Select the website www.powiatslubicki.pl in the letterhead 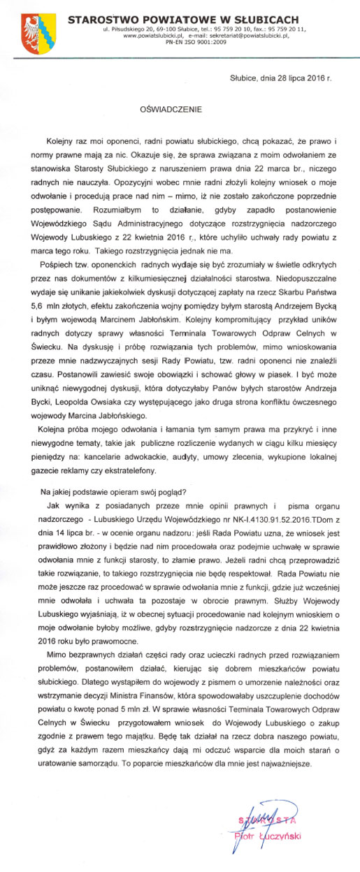pyautogui.click(x=150, y=35)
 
